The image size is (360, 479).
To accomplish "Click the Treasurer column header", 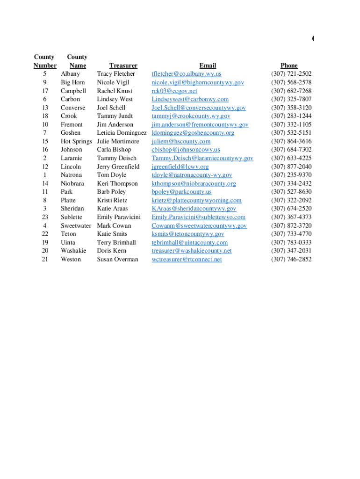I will (x=123, y=65).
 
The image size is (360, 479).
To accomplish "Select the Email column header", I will (x=208, y=65).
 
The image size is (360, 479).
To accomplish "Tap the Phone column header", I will (x=289, y=65).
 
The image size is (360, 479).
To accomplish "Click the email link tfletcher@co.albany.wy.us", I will (x=187, y=74).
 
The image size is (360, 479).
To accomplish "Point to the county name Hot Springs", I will (x=76, y=141).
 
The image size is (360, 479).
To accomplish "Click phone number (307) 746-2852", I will (x=291, y=259).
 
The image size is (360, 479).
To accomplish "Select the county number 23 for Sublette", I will (x=45, y=217).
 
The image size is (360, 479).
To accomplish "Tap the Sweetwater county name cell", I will (x=76, y=225).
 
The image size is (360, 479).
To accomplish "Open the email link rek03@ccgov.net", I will (x=174, y=91).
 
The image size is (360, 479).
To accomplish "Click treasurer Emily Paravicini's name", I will (x=119, y=217).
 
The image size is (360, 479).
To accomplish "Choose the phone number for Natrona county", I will (x=291, y=175).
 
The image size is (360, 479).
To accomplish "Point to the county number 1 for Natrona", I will (x=45, y=175).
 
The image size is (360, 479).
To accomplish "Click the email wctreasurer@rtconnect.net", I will (x=187, y=259).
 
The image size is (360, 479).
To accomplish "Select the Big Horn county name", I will (x=73, y=82).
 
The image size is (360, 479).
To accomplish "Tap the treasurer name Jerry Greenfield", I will (x=118, y=167).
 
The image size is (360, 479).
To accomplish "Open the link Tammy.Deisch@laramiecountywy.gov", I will (x=202, y=158).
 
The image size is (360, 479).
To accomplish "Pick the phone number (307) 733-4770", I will (x=291, y=234).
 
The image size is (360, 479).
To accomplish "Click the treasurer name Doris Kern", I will (x=112, y=251).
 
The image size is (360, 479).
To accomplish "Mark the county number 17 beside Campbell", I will (x=45, y=91).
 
